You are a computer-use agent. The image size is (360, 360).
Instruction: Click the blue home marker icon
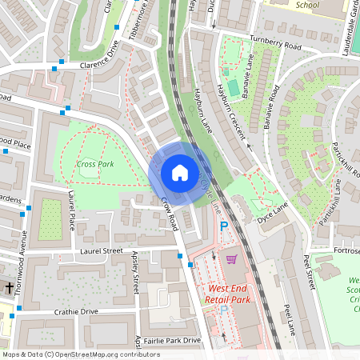[180, 172]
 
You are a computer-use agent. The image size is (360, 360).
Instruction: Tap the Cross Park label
[95, 164]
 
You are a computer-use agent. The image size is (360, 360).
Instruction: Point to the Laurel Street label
[101, 250]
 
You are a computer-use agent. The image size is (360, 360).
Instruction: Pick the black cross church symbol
[10, 286]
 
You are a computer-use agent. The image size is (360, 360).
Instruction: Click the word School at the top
[307, 4]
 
